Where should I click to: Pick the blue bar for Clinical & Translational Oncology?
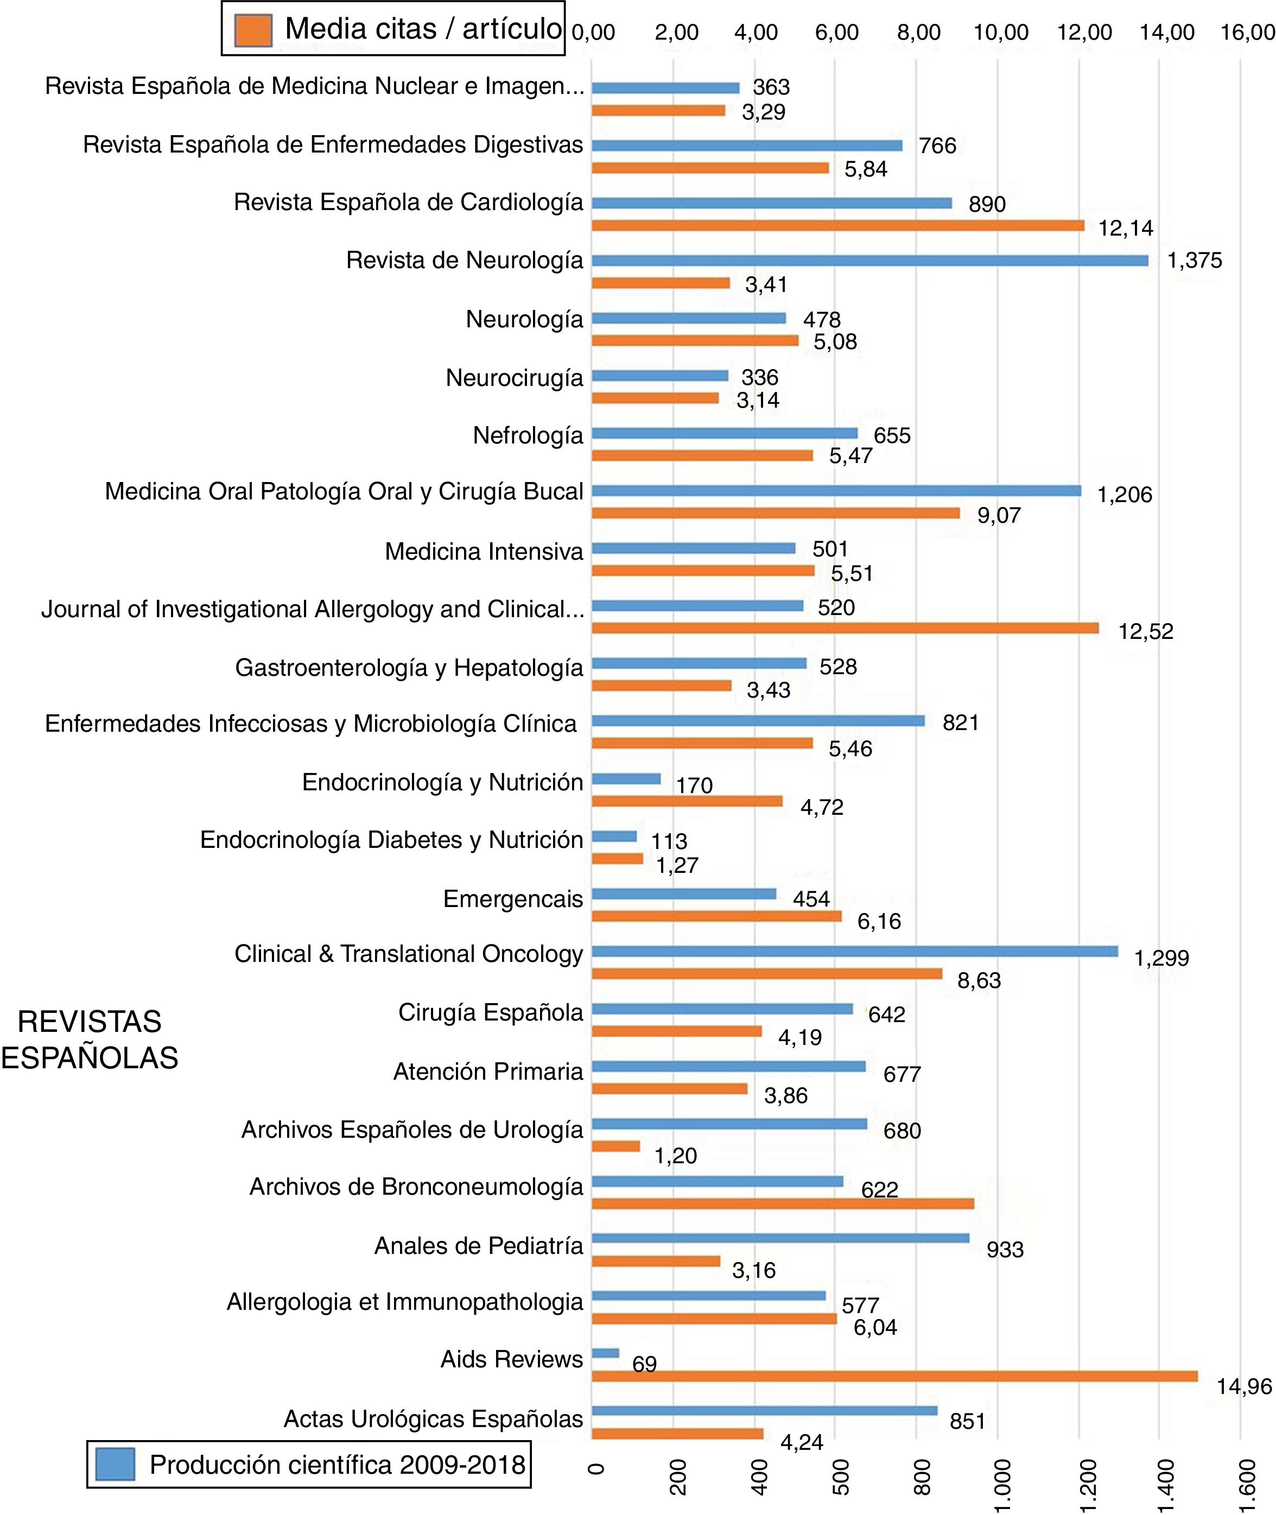tap(854, 952)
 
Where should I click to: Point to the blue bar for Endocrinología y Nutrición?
tap(626, 779)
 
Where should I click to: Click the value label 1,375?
tap(1194, 261)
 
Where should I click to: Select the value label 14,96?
tap(1243, 1387)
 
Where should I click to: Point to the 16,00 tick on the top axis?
tap(1247, 33)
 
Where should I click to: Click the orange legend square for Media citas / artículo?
tap(253, 30)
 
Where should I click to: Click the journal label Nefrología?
tap(528, 435)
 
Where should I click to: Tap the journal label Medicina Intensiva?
tap(483, 552)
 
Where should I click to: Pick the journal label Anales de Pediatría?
tap(478, 1246)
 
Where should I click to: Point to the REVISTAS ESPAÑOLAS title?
tap(90, 1039)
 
